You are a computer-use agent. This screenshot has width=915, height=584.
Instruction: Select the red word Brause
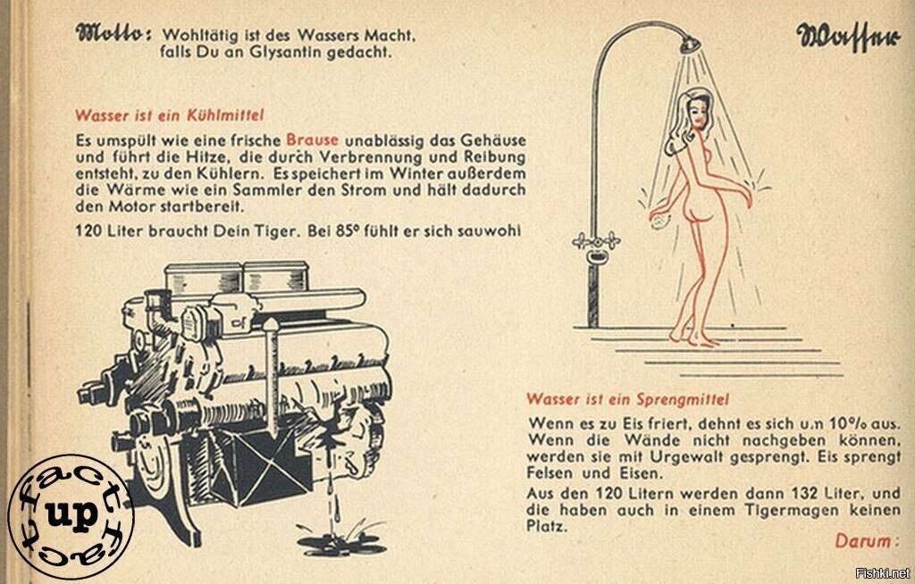click(312, 140)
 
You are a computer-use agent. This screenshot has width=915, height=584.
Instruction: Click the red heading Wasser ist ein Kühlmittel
click(169, 115)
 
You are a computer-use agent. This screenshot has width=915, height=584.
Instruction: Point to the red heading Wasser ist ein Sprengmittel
click(627, 399)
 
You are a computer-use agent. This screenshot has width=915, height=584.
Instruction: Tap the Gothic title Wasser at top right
click(848, 38)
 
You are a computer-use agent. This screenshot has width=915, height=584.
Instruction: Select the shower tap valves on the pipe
click(596, 240)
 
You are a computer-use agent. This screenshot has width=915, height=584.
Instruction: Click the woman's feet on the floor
click(693, 338)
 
